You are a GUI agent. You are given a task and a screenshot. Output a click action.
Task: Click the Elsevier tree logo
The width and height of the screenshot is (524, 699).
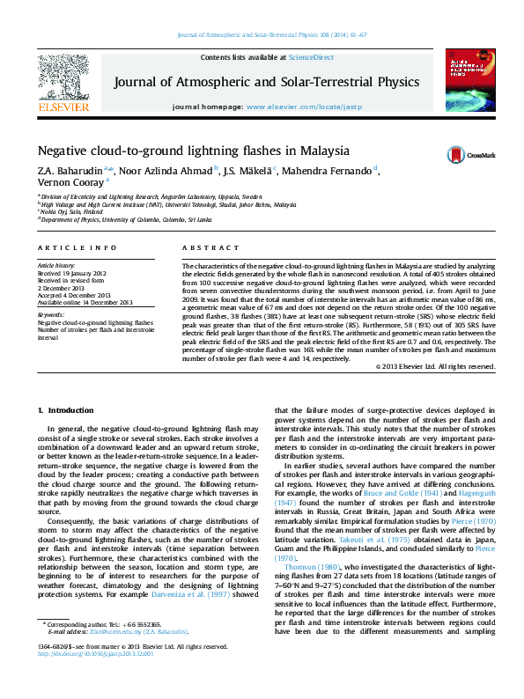tap(63, 78)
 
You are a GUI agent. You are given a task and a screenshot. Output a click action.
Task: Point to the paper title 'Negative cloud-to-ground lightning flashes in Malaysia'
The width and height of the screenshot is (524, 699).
tap(193, 150)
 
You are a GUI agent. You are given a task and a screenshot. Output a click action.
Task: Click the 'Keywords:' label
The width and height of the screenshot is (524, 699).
tap(50, 314)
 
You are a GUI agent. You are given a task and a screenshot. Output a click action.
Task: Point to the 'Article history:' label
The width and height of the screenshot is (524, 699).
tap(56, 265)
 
